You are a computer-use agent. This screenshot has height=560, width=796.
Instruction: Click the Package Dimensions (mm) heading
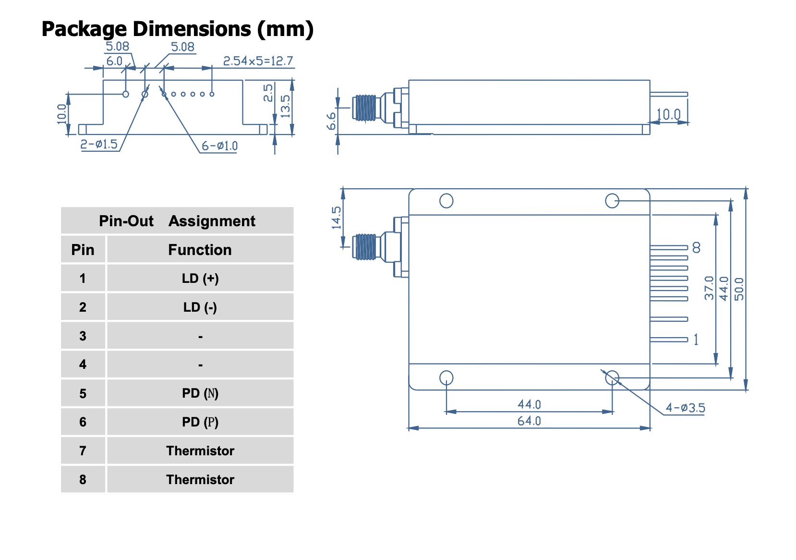coord(178,29)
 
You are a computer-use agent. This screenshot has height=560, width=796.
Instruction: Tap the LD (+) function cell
coord(200,279)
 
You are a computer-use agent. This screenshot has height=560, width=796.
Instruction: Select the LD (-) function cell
coord(200,307)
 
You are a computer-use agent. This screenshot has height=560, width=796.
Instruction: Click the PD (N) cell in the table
coord(200,393)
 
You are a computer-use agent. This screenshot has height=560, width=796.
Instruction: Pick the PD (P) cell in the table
coord(200,422)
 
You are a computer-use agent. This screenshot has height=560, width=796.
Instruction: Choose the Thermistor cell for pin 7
coord(200,451)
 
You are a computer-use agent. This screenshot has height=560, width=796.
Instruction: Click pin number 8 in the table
coord(83,479)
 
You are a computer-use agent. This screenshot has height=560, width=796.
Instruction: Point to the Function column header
coord(200,250)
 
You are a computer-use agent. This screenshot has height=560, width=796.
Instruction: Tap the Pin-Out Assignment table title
coord(177,221)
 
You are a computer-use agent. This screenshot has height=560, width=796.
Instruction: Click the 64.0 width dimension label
coord(529,421)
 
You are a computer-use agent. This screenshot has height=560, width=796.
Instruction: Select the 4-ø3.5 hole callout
coord(685,408)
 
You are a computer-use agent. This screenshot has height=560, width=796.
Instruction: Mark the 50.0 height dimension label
coord(739,289)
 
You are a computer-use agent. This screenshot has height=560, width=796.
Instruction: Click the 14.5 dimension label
coord(336,218)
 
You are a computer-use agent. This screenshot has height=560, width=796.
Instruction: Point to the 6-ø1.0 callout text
coord(219,146)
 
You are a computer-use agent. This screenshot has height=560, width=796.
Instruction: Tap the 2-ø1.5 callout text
coord(99,144)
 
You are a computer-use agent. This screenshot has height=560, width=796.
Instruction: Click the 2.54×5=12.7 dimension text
coord(258,61)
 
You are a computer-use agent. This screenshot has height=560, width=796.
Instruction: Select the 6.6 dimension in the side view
coord(331,122)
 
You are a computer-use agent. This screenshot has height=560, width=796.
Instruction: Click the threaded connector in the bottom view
coord(365,246)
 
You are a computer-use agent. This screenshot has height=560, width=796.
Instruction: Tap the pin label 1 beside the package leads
coord(696,340)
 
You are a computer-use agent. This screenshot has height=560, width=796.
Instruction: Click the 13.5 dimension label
coord(285,106)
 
